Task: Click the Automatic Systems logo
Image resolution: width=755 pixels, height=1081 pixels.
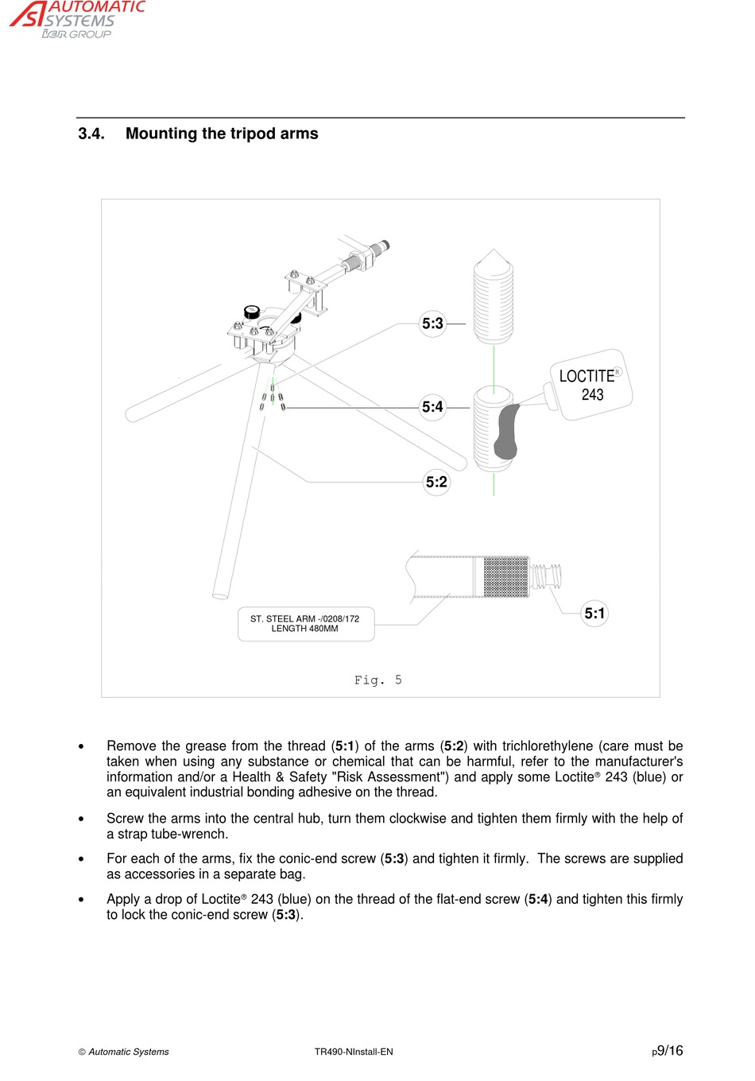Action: click(x=77, y=19)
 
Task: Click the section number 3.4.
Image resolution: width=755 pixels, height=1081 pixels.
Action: click(x=91, y=134)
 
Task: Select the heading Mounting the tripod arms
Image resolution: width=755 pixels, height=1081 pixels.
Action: click(x=222, y=134)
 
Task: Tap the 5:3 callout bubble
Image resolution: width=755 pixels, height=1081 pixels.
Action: click(x=432, y=324)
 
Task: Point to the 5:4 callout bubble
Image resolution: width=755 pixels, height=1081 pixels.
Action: click(x=432, y=407)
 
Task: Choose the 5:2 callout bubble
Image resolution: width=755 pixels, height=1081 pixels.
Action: click(x=436, y=482)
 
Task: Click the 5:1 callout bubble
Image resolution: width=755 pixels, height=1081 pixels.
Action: click(x=594, y=613)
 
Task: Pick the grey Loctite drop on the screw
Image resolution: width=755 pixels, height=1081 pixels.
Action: click(x=506, y=432)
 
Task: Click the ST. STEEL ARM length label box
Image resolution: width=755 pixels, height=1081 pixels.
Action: click(x=305, y=624)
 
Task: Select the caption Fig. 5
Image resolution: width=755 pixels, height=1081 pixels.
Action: click(x=378, y=680)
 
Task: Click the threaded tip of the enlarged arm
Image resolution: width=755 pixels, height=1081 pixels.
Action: click(x=547, y=575)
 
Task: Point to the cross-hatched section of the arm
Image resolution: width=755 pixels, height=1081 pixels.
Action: click(x=505, y=576)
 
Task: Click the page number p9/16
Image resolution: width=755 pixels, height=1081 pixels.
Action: click(x=667, y=1051)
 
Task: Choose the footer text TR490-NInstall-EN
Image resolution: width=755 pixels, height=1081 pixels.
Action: click(x=354, y=1052)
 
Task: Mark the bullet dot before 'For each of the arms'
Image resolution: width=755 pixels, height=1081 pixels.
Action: click(x=81, y=859)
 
